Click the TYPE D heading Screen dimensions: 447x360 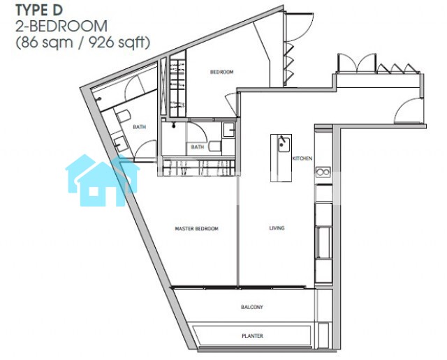pyautogui.click(x=39, y=10)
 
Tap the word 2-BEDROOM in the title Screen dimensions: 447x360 pyautogui.click(x=61, y=27)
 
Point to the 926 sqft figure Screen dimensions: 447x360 pyautogui.click(x=119, y=43)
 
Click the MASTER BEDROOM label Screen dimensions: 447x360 pyautogui.click(x=197, y=228)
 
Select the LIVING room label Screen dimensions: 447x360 pyautogui.click(x=277, y=228)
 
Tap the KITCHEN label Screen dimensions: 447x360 pyautogui.click(x=302, y=158)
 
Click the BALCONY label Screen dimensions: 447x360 pyautogui.click(x=252, y=307)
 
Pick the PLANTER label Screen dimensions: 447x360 pyautogui.click(x=252, y=336)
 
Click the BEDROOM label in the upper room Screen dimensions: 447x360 pyautogui.click(x=222, y=72)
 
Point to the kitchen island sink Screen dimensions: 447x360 pyautogui.click(x=284, y=144)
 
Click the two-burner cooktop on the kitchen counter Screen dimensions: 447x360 pyautogui.click(x=323, y=172)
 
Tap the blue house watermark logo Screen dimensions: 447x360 pyautogui.click(x=102, y=180)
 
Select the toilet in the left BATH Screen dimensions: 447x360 pyautogui.click(x=124, y=117)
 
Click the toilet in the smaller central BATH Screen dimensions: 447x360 pyautogui.click(x=215, y=146)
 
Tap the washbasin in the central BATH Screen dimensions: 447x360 pyautogui.click(x=228, y=130)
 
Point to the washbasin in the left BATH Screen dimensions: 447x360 pyautogui.click(x=121, y=144)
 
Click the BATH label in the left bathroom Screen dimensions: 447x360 pyautogui.click(x=140, y=127)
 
